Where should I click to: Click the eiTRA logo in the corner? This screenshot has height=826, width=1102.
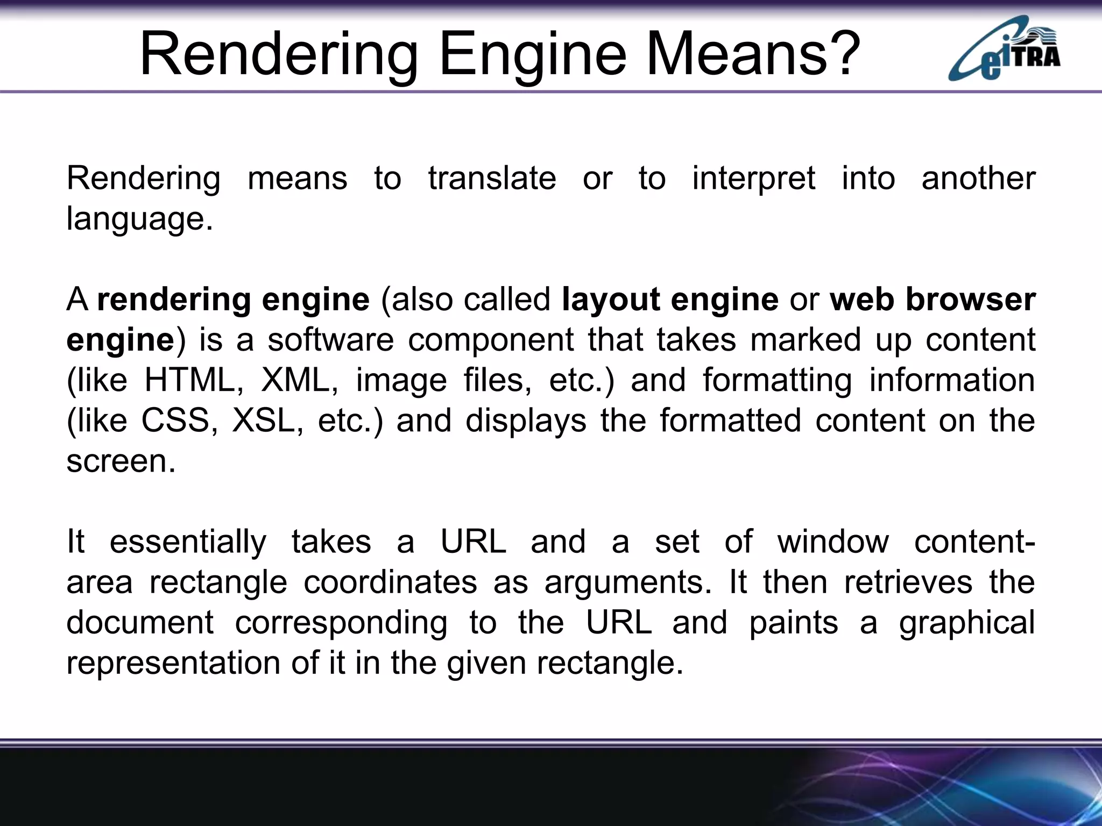click(x=1004, y=49)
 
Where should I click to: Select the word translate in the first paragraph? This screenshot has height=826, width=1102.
click(x=492, y=178)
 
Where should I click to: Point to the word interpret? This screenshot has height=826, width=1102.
click(x=753, y=179)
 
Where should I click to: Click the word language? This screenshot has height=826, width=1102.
click(x=139, y=219)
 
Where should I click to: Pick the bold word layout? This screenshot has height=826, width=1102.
click(x=610, y=300)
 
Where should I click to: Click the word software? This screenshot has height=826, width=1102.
click(x=330, y=340)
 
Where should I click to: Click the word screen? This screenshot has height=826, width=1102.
click(x=121, y=461)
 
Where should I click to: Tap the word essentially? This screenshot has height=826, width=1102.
click(x=188, y=542)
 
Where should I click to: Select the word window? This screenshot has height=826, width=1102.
click(x=833, y=542)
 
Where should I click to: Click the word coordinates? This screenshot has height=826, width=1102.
click(x=390, y=582)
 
